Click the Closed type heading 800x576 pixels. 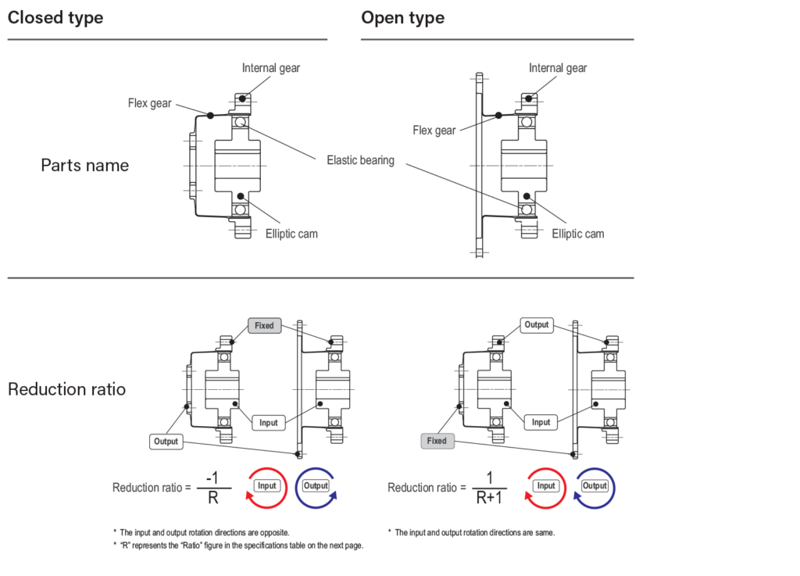[x=55, y=18]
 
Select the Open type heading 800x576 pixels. [x=402, y=18]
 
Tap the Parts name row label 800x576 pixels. [x=85, y=166]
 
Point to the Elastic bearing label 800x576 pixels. [x=360, y=161]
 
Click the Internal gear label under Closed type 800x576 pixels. [x=271, y=69]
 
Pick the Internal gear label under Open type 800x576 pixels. [x=558, y=69]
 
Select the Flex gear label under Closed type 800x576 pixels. [x=150, y=103]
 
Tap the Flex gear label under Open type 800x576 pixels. [x=434, y=131]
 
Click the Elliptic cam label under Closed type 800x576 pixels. [x=291, y=234]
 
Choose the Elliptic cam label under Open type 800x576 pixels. [x=578, y=234]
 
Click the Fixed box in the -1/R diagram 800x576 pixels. [x=264, y=325]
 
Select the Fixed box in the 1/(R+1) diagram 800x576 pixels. [x=437, y=441]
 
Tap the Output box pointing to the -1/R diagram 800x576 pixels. [x=166, y=442]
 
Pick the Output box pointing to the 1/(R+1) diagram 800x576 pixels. [x=537, y=325]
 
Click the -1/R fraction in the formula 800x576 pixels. [x=212, y=487]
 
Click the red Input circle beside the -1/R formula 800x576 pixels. [x=267, y=486]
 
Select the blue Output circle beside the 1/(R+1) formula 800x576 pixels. [x=595, y=486]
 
